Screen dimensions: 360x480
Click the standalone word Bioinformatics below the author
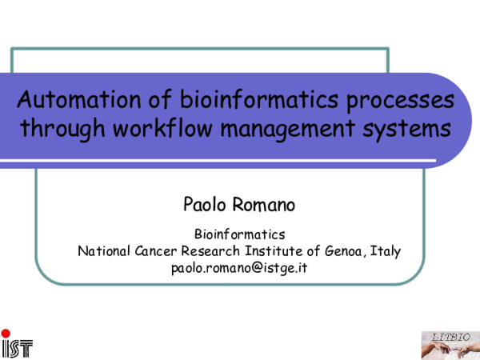[240, 234]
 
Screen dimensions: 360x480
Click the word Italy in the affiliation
[387, 251]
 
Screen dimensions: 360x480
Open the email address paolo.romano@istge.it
[240, 268]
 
